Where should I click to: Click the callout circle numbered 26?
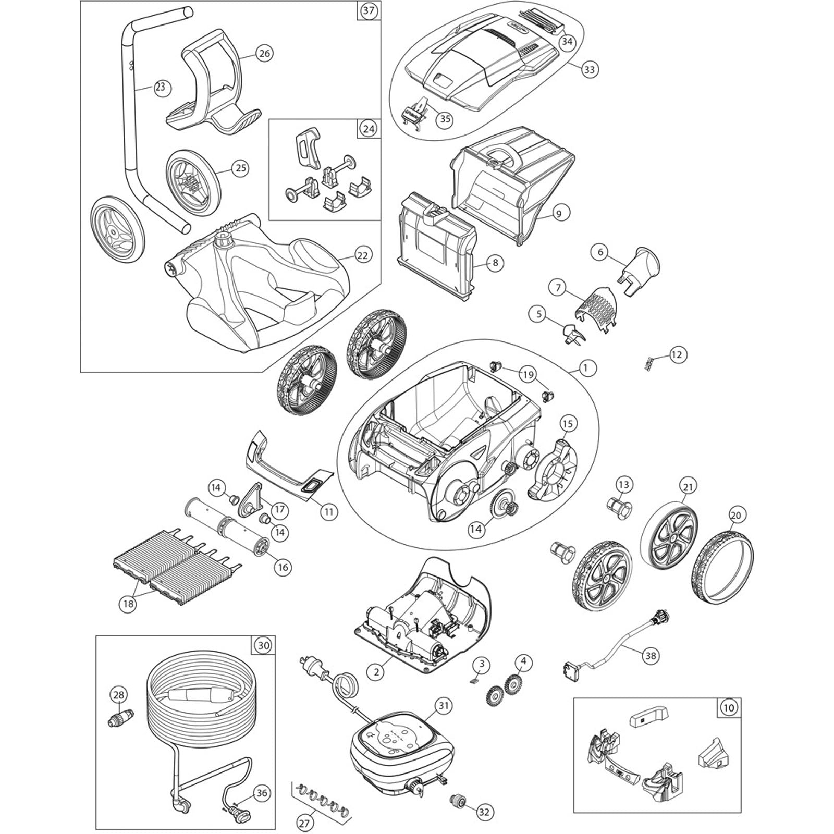click(264, 54)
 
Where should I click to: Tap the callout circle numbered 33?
click(589, 69)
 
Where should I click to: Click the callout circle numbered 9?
click(559, 213)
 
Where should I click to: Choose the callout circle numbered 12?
click(677, 355)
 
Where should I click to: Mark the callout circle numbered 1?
click(586, 368)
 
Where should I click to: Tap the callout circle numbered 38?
click(650, 656)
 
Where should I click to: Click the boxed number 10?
click(729, 708)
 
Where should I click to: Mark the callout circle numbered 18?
click(128, 604)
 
